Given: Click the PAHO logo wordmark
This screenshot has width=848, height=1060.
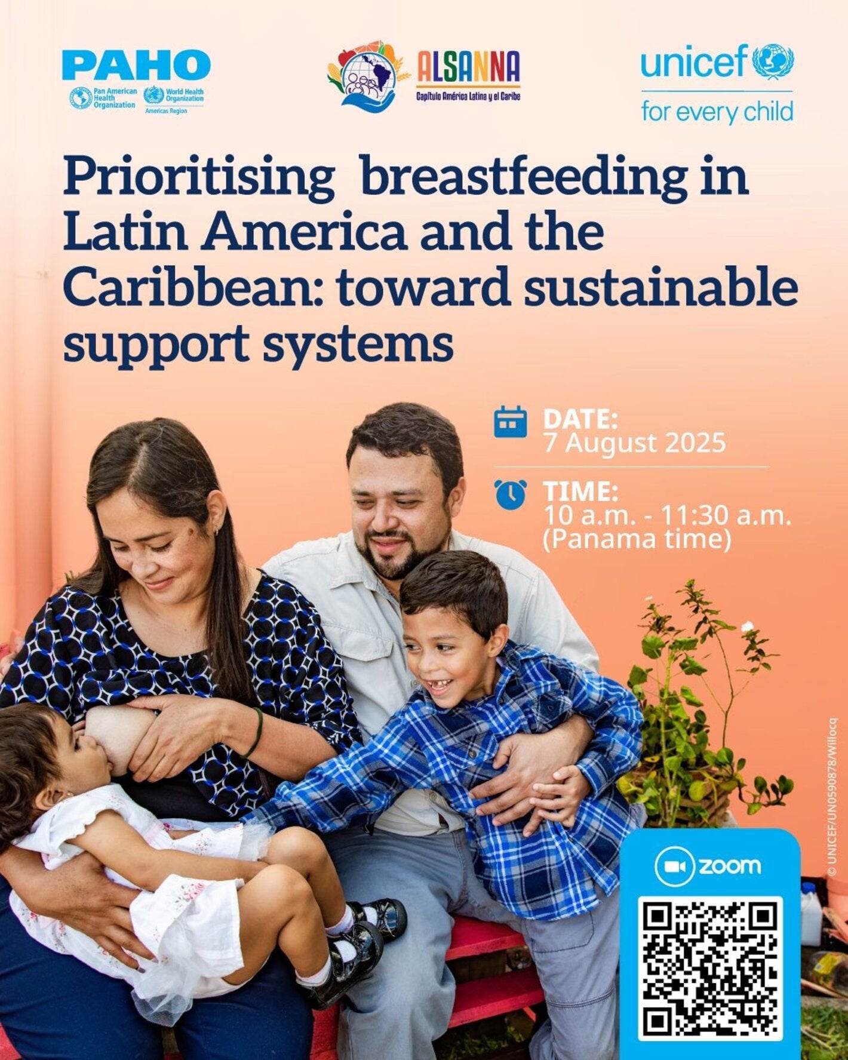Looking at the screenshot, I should pyautogui.click(x=136, y=65).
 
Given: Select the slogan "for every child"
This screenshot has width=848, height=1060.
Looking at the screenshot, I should pyautogui.click(x=717, y=112).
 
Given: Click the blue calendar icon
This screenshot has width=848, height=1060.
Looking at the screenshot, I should pyautogui.click(x=511, y=422).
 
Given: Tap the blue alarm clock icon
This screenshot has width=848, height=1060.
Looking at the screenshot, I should pyautogui.click(x=511, y=494).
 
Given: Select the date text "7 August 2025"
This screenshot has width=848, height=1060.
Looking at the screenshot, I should pyautogui.click(x=634, y=443).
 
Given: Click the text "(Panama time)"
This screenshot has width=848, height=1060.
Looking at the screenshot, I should pyautogui.click(x=637, y=539).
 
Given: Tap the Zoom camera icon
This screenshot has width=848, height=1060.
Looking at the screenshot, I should pyautogui.click(x=674, y=867).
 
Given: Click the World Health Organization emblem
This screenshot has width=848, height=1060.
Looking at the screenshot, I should pyautogui.click(x=154, y=96).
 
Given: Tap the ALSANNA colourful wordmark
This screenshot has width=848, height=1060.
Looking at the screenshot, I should pyautogui.click(x=468, y=66).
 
